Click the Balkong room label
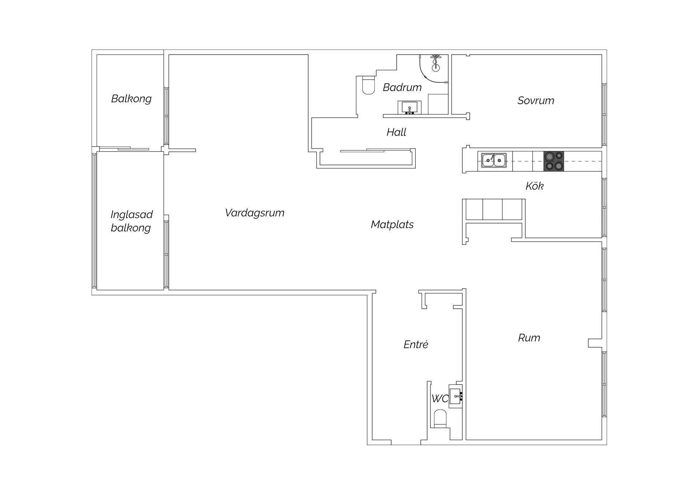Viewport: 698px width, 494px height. click(x=131, y=99)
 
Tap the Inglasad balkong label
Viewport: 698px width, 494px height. click(x=131, y=221)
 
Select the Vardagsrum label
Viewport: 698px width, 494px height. click(x=254, y=213)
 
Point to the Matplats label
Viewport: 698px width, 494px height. click(x=392, y=224)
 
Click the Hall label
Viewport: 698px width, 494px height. click(x=396, y=132)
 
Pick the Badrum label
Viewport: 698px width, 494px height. click(x=402, y=87)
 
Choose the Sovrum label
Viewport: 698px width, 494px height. click(x=535, y=100)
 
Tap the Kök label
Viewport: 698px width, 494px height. click(x=534, y=186)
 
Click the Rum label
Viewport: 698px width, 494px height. click(x=529, y=338)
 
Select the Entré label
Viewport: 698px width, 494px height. click(x=416, y=344)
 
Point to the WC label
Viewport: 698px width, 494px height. click(x=440, y=399)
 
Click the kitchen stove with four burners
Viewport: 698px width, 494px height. click(x=554, y=161)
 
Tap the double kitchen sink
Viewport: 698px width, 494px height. click(x=494, y=160)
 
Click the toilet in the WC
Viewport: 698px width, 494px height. click(x=440, y=419)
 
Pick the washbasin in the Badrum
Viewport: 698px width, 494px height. click(x=409, y=108)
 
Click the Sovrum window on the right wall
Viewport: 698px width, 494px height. click(x=604, y=115)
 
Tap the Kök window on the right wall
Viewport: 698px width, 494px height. click(x=604, y=208)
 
